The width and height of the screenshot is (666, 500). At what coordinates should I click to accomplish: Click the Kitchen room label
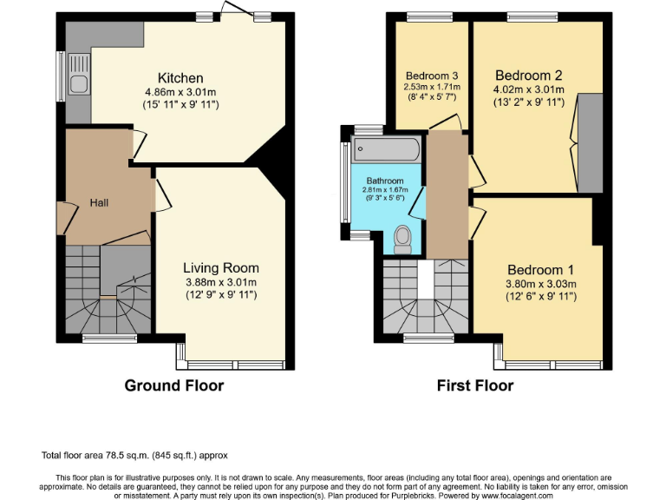pyautogui.click(x=180, y=78)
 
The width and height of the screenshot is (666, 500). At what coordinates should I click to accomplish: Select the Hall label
pyautogui.click(x=99, y=203)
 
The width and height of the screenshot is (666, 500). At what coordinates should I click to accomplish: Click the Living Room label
pyautogui.click(x=220, y=268)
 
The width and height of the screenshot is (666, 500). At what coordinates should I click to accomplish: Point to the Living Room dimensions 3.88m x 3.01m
pyautogui.click(x=220, y=282)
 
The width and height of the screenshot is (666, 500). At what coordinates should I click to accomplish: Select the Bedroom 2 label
pyautogui.click(x=529, y=75)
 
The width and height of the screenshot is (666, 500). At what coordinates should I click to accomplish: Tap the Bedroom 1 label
pyautogui.click(x=541, y=269)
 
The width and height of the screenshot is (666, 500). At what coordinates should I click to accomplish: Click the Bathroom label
pyautogui.click(x=383, y=181)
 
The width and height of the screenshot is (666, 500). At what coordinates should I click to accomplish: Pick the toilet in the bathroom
pyautogui.click(x=402, y=238)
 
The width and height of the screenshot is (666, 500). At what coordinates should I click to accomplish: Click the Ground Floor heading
pyautogui.click(x=173, y=385)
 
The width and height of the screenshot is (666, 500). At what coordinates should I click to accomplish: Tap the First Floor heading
pyautogui.click(x=474, y=385)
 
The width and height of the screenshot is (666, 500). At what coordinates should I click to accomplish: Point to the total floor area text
pyautogui.click(x=134, y=455)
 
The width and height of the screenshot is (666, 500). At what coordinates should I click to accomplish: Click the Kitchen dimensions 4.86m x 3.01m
pyautogui.click(x=180, y=92)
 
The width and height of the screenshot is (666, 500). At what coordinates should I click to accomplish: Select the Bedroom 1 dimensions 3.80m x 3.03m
pyautogui.click(x=541, y=283)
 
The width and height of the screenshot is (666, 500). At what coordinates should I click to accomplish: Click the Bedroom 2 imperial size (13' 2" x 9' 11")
pyautogui.click(x=529, y=102)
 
